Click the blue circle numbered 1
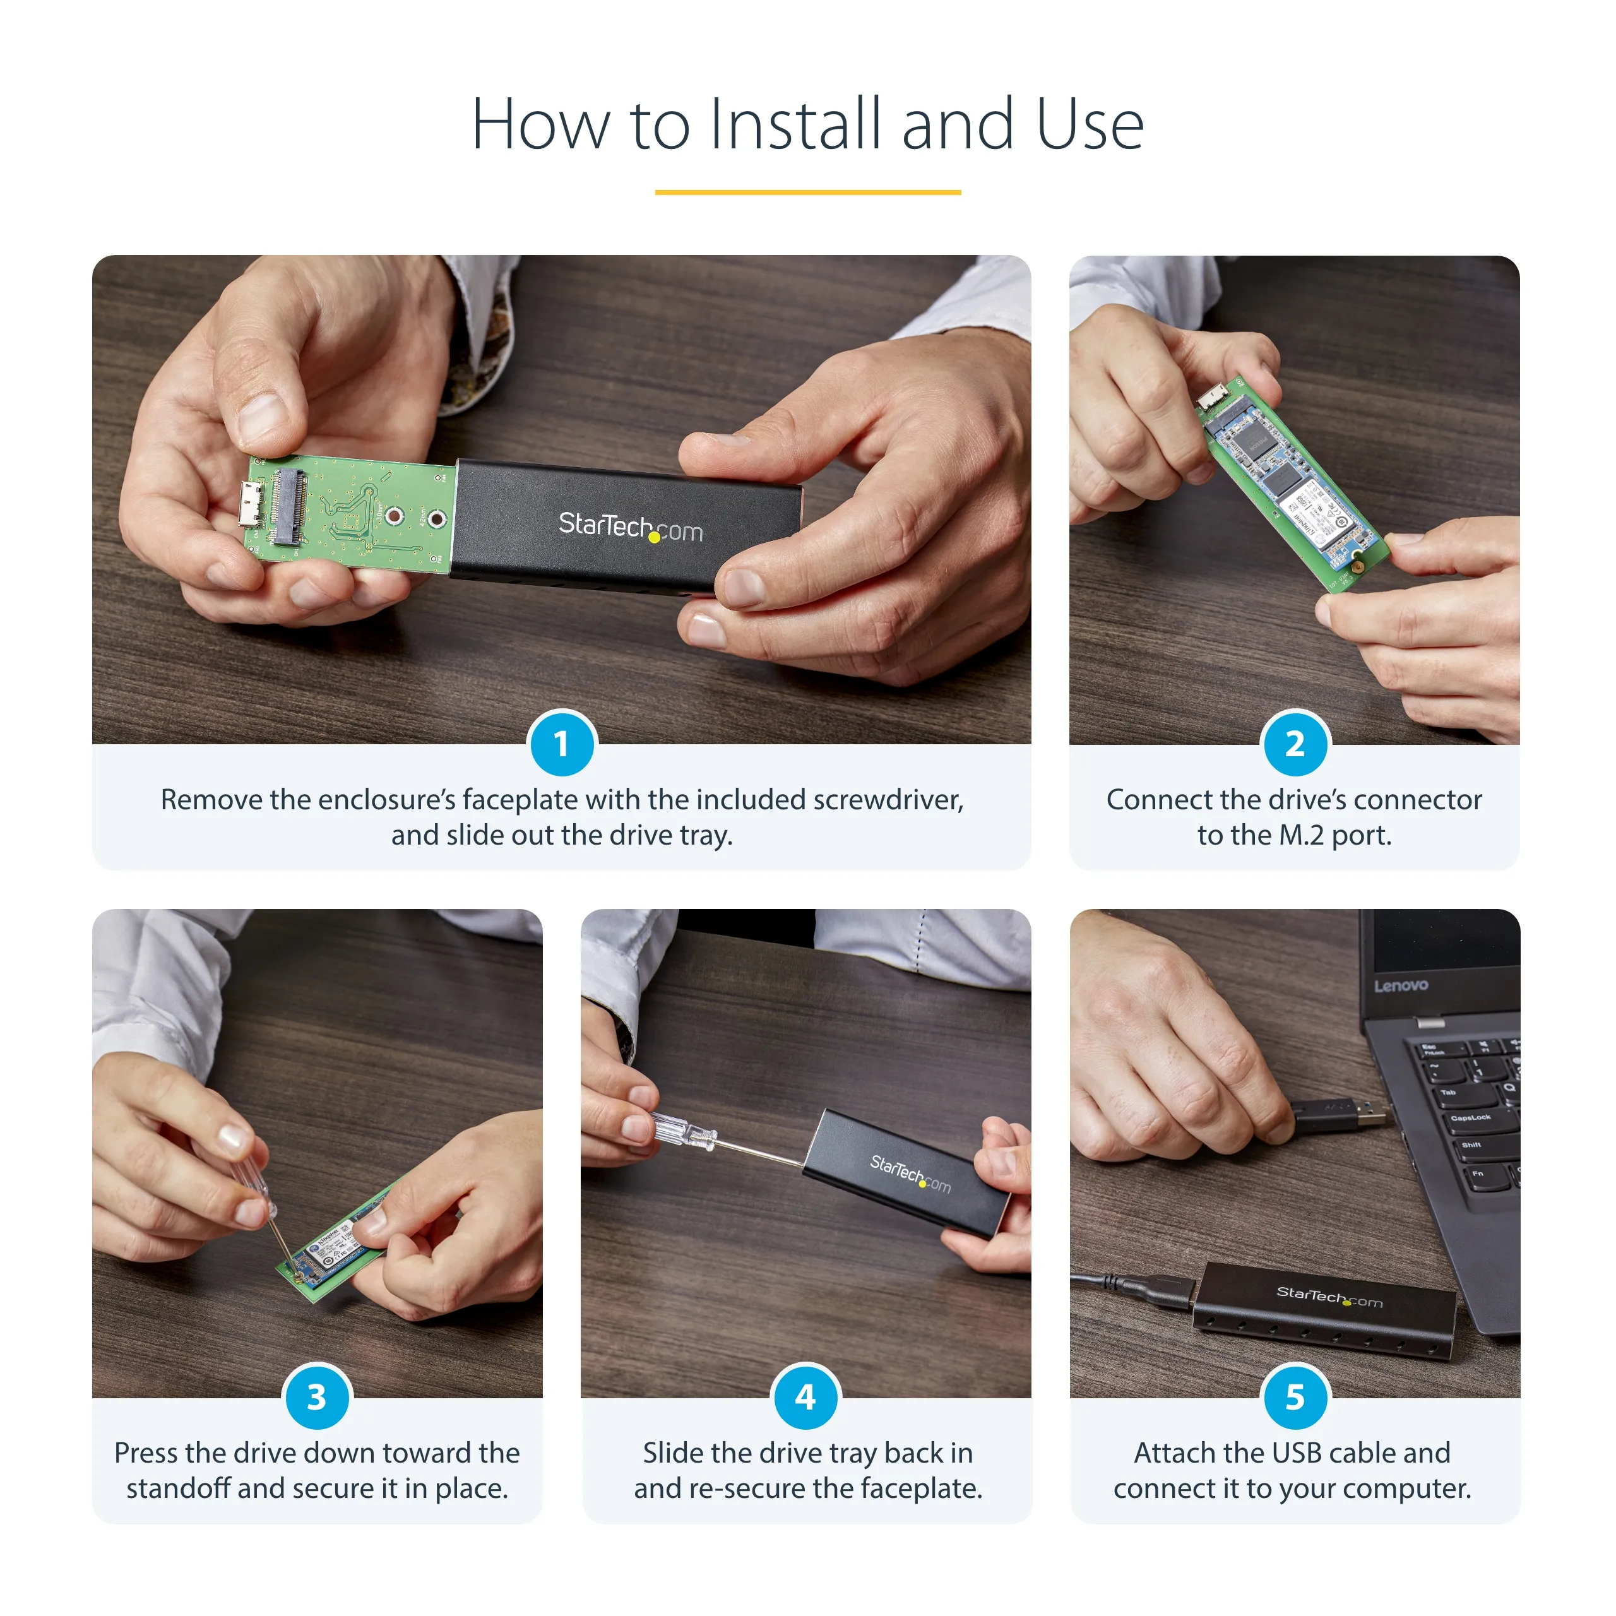(561, 744)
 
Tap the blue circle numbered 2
(1294, 744)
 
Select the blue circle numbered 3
(317, 1397)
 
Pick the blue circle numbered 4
(805, 1397)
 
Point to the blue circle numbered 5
(1294, 1397)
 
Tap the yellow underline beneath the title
(807, 193)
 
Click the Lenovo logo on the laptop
(1400, 985)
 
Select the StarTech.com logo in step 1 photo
(630, 527)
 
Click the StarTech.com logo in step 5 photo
(1329, 1297)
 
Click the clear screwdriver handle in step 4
(682, 1132)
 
